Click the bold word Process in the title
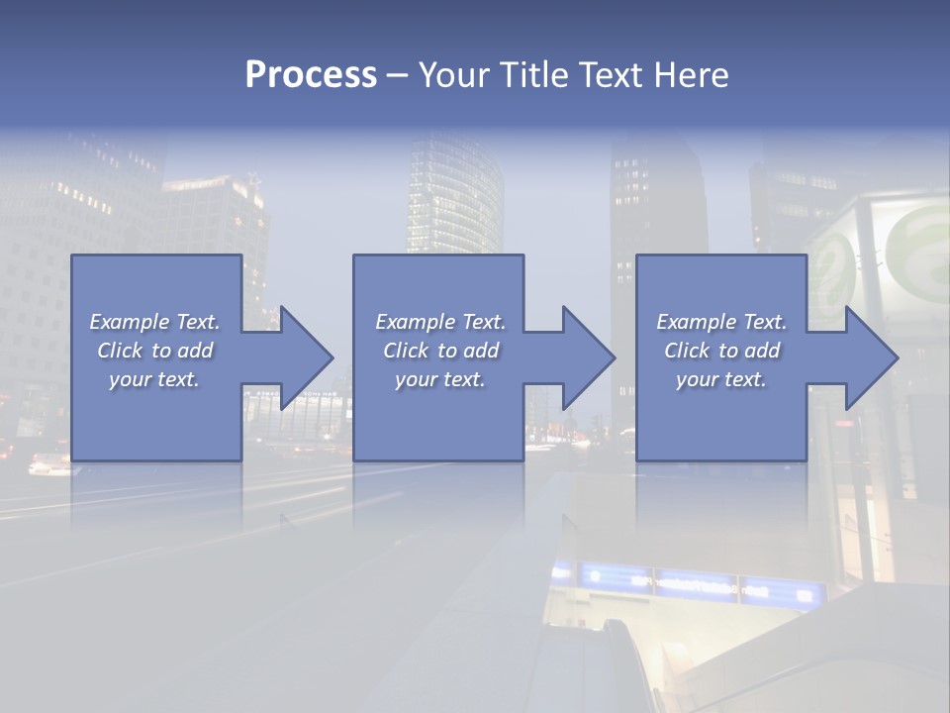click(311, 75)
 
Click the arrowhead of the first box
click(303, 357)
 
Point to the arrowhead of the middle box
click(585, 357)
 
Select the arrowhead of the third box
click(868, 357)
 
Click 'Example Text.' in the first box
click(154, 322)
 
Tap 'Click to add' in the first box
click(154, 351)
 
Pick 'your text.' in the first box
click(154, 379)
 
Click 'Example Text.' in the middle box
click(439, 322)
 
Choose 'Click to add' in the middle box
click(439, 351)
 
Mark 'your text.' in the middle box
click(439, 379)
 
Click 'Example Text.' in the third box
click(721, 322)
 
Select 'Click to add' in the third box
click(721, 351)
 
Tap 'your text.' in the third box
click(721, 379)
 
